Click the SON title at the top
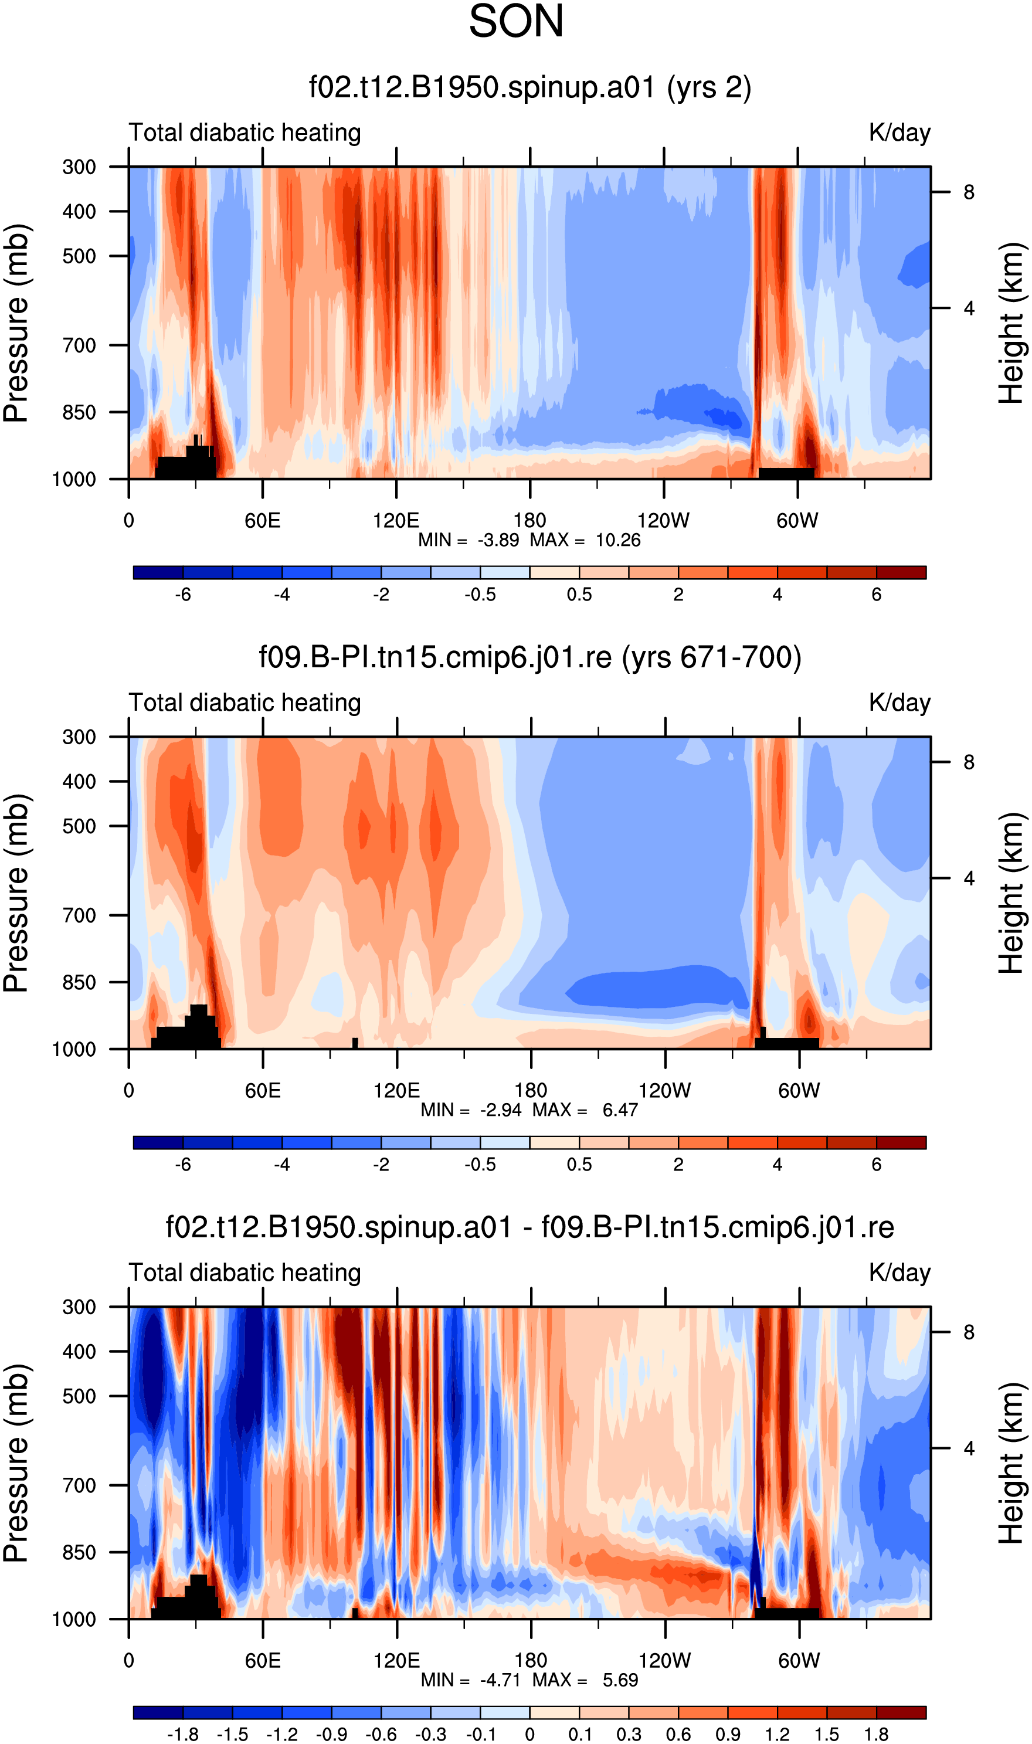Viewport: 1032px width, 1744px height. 516,22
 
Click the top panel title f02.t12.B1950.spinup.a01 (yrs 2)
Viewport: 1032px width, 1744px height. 530,87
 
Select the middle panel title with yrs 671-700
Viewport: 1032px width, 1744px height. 530,657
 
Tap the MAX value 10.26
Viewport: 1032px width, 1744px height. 617,540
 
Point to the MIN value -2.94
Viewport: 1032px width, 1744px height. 501,1110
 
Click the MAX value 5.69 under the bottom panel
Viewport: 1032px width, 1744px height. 620,1680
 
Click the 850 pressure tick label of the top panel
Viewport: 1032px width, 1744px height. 79,412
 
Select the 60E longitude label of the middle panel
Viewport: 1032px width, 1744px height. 263,1090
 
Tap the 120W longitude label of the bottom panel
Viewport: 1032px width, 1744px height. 665,1661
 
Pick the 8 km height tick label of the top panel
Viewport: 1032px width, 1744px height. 969,192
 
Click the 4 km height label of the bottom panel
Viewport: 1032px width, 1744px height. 969,1448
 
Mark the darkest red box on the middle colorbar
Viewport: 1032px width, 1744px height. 901,1142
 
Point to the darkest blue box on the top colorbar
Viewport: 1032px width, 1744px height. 158,572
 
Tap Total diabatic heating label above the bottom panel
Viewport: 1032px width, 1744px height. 245,1273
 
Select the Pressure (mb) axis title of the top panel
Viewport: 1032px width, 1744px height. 16,323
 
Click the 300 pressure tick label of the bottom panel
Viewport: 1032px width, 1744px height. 79,1307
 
